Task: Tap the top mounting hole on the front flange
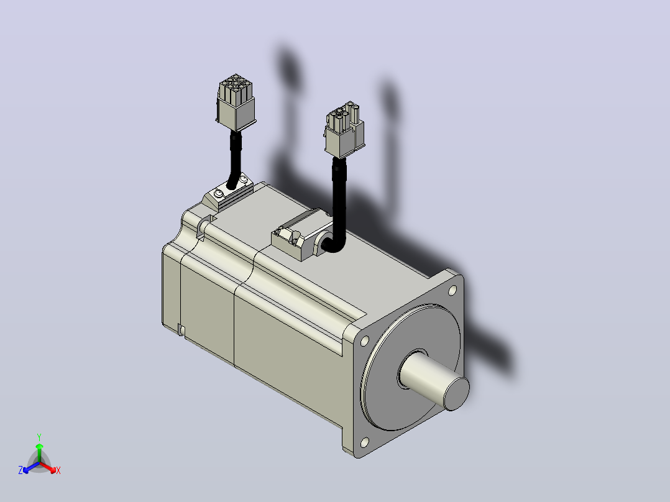[x=452, y=291]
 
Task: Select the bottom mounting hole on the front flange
[x=364, y=442]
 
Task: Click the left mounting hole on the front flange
[x=365, y=341]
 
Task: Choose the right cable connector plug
[x=344, y=130]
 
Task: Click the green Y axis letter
[x=39, y=437]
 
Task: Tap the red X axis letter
[x=58, y=470]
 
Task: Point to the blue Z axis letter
[x=21, y=470]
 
